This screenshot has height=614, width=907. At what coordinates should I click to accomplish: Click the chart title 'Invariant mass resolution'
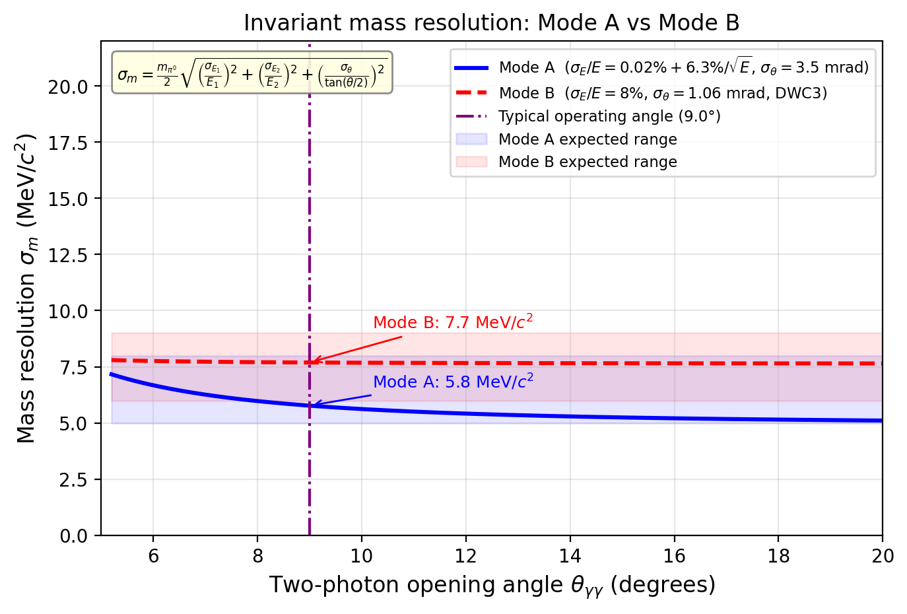click(x=491, y=23)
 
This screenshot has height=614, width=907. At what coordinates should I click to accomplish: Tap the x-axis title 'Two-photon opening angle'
click(x=492, y=586)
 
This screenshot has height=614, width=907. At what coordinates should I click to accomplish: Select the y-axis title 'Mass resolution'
click(x=26, y=288)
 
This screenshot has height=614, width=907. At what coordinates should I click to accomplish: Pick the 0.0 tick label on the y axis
click(x=73, y=535)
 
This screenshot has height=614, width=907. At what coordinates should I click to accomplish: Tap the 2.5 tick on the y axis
click(x=73, y=479)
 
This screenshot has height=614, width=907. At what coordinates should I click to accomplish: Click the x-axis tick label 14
click(x=570, y=556)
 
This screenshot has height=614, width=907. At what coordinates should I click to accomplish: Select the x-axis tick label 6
click(x=153, y=556)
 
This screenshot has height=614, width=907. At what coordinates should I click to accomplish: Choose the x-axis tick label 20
click(x=882, y=556)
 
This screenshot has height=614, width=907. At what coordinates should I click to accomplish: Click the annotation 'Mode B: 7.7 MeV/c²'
click(x=453, y=322)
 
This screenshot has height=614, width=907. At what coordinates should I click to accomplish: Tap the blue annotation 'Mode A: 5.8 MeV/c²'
click(x=453, y=382)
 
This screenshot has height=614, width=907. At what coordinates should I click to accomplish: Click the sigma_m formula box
click(x=252, y=72)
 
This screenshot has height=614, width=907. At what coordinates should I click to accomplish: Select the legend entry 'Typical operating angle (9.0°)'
click(x=609, y=117)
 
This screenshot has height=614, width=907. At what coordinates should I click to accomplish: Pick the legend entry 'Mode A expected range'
click(x=588, y=139)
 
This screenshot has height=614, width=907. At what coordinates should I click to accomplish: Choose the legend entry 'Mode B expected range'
click(x=588, y=162)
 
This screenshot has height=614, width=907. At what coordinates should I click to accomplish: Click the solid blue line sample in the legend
click(x=471, y=68)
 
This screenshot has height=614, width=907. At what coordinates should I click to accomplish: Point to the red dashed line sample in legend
click(x=471, y=93)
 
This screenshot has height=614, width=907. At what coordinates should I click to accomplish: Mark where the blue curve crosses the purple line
click(x=310, y=405)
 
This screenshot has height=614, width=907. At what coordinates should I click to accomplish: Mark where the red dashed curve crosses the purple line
click(x=310, y=362)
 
